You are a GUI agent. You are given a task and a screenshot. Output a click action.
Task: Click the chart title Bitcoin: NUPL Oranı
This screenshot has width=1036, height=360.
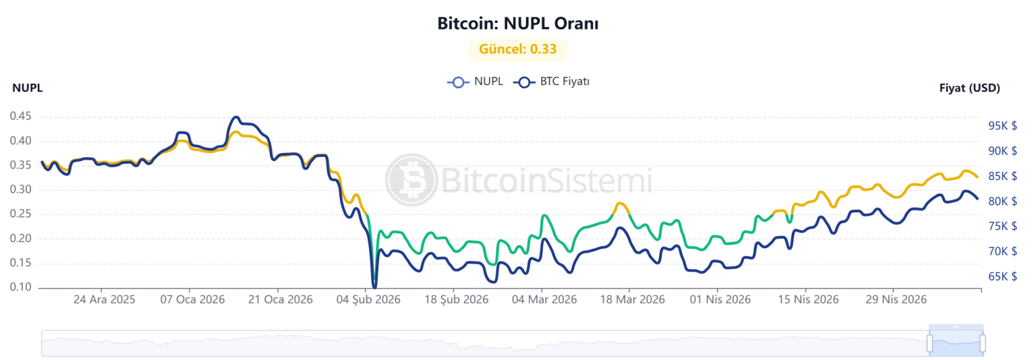pyautogui.click(x=517, y=23)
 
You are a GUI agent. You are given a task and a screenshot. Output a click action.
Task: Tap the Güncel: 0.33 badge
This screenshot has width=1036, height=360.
pyautogui.click(x=517, y=49)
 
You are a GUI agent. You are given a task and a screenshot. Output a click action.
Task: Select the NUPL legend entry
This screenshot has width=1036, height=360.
pyautogui.click(x=475, y=82)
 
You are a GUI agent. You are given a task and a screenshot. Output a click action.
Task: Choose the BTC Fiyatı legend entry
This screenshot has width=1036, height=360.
pyautogui.click(x=551, y=82)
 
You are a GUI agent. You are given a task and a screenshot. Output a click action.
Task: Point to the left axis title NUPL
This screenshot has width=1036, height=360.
pyautogui.click(x=27, y=88)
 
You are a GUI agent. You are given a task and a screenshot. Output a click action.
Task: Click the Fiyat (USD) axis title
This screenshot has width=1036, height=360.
pyautogui.click(x=969, y=88)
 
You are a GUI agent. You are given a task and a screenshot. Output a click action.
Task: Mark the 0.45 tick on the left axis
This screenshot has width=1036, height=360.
pyautogui.click(x=20, y=116)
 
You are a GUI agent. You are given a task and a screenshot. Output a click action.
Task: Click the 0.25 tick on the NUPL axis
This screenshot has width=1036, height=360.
pyautogui.click(x=20, y=214)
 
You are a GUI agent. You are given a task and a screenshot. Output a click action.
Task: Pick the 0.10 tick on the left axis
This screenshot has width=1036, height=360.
pyautogui.click(x=20, y=287)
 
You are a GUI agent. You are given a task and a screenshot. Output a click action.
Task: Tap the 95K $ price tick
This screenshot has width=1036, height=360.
pyautogui.click(x=1002, y=125)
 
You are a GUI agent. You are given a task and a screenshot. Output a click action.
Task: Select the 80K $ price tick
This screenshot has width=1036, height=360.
pyautogui.click(x=1002, y=201)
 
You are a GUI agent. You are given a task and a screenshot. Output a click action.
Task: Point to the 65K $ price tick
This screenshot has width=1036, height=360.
pyautogui.click(x=1002, y=276)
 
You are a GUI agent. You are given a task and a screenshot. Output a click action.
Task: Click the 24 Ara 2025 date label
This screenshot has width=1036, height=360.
pyautogui.click(x=104, y=299)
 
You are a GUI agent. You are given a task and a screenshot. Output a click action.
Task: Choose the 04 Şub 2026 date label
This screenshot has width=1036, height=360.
pyautogui.click(x=368, y=299)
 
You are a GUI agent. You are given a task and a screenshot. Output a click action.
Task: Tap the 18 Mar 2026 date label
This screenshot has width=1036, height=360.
pyautogui.click(x=632, y=299)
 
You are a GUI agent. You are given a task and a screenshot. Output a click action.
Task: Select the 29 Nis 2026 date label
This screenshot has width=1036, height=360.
pyautogui.click(x=896, y=299)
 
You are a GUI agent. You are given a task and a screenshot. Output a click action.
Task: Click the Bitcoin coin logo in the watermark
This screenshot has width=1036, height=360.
pyautogui.click(x=411, y=180)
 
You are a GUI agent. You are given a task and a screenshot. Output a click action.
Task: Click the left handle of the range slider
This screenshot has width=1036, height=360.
pyautogui.click(x=929, y=343)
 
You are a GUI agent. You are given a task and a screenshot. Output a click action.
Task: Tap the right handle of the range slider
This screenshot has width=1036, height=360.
pyautogui.click(x=983, y=343)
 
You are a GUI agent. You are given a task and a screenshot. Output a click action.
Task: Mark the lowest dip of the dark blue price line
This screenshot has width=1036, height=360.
pyautogui.click(x=374, y=287)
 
